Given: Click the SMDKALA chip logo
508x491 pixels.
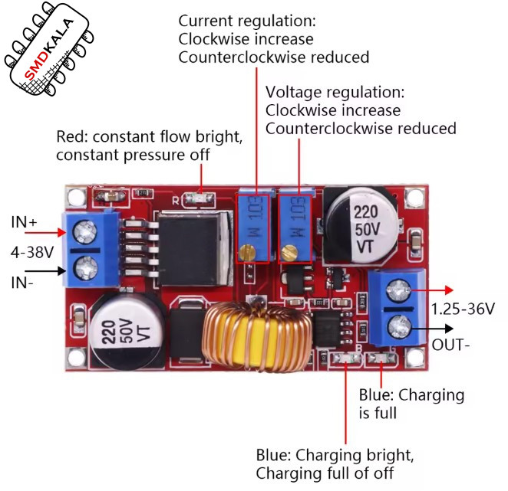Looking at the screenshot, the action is click(x=49, y=48).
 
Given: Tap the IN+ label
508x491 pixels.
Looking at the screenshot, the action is click(x=24, y=222).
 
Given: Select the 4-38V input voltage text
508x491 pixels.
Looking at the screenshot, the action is click(x=32, y=252).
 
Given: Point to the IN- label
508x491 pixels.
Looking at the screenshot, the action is click(x=22, y=283).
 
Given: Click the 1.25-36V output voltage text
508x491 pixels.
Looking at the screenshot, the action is click(x=463, y=309).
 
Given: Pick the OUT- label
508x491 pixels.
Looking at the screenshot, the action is click(x=450, y=345).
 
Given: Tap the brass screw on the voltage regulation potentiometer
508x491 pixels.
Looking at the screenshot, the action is click(x=289, y=253).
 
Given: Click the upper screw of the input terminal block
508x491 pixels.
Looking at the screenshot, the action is click(x=85, y=231).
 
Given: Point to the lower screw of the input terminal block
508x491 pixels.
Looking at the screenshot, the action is click(x=85, y=268).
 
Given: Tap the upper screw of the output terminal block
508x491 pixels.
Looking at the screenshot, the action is click(x=398, y=290).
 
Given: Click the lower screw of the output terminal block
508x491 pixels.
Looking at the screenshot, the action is click(x=399, y=328).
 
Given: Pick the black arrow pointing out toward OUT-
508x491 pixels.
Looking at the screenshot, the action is click(x=432, y=329).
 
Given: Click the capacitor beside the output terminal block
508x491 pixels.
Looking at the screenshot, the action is click(x=363, y=225).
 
